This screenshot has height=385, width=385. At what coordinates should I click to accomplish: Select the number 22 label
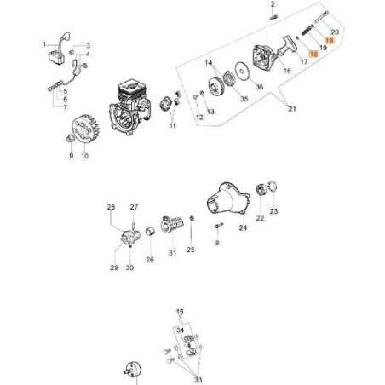[x=260, y=218]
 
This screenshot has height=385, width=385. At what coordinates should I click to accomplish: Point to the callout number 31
[x=172, y=252]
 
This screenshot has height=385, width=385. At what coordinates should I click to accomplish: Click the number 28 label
[x=111, y=207]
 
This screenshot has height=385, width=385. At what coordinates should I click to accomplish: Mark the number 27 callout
[x=133, y=207]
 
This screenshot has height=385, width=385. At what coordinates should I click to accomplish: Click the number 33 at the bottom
[x=198, y=380]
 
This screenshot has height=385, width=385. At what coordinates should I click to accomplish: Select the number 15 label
[x=180, y=312]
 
